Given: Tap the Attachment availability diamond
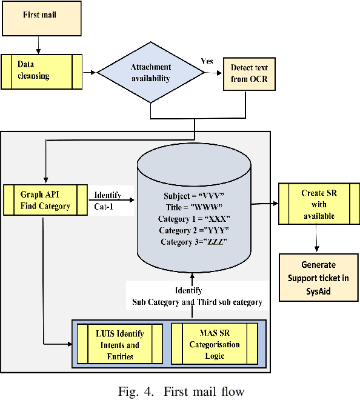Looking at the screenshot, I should click(150, 73).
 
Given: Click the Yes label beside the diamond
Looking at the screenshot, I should click(207, 62).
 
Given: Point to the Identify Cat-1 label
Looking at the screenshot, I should click(107, 201).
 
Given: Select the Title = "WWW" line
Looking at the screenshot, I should click(194, 207).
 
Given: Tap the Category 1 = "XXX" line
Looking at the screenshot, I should click(194, 219).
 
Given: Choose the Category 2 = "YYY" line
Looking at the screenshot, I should click(194, 230).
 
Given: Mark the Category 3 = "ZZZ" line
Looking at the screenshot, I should click(194, 242).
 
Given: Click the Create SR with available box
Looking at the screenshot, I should click(318, 204).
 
